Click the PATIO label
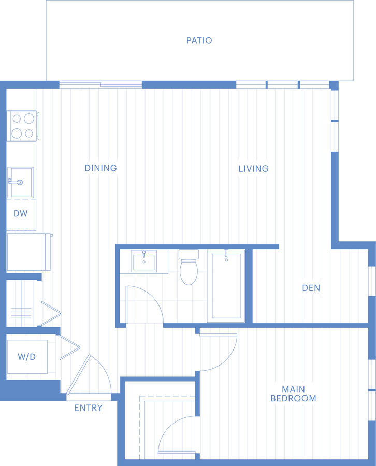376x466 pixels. coord(199,40)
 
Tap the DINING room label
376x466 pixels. coord(101,168)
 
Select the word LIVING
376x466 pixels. coord(254,169)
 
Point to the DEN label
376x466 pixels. coord(311,288)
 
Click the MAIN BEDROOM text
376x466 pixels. coord(293,394)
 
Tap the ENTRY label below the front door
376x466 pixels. coord(88,408)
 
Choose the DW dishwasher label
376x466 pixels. coord(21,213)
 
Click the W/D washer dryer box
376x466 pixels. coord(27,357)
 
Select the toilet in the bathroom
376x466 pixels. coord(189,267)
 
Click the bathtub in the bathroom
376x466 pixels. coord(226,286)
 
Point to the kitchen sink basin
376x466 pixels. coord(21,182)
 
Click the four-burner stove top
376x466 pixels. coord(23,126)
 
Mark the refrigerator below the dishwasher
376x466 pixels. coord(29,252)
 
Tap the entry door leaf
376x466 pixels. coord(78,374)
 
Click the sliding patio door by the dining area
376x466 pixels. coord(100,85)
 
